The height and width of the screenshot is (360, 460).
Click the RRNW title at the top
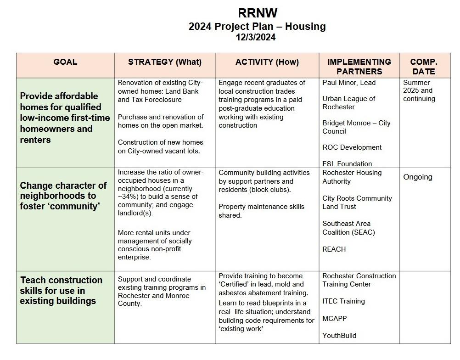coord(258,13)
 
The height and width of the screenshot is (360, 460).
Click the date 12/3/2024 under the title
coord(256,38)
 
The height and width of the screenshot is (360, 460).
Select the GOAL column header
coord(65,62)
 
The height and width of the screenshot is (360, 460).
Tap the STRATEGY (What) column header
coord(165,62)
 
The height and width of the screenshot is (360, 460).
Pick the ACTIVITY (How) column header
coord(267,62)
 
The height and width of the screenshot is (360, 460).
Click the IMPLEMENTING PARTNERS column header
coord(359,67)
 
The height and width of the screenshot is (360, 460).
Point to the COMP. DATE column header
coord(423,67)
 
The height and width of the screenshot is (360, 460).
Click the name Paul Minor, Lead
coord(349,83)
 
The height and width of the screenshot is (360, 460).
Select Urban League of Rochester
coord(348,103)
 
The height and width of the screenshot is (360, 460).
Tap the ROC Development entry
coord(352,147)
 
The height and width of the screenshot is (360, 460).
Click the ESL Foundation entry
coord(347,163)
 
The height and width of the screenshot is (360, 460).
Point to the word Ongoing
coord(417,177)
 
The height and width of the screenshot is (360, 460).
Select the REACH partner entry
coord(334,249)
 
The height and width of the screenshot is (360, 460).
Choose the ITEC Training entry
coord(343,301)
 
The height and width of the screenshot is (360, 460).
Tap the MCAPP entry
coord(334,318)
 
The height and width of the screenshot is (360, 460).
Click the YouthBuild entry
coord(339,335)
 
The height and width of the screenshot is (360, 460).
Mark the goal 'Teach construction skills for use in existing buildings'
coord(61,290)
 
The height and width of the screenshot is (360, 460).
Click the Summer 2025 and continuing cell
coord(419,90)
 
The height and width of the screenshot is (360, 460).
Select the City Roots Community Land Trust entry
coord(357,202)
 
